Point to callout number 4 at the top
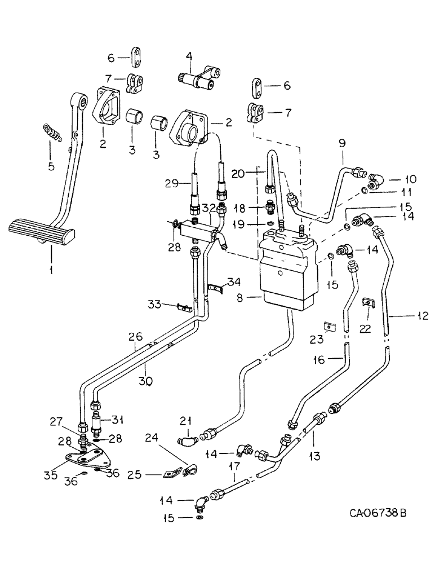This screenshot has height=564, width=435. tap(189, 56)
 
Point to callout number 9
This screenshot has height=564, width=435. tap(343, 143)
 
